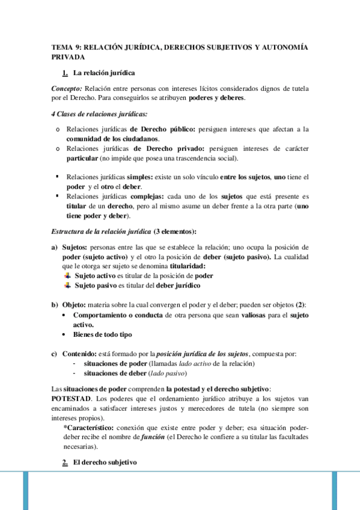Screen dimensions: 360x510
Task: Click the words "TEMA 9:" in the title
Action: pos(66,46)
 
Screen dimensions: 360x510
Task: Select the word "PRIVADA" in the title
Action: pos(68,57)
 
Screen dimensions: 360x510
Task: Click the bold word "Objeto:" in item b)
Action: pos(75,305)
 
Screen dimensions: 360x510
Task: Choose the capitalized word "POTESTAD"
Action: pos(72,398)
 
